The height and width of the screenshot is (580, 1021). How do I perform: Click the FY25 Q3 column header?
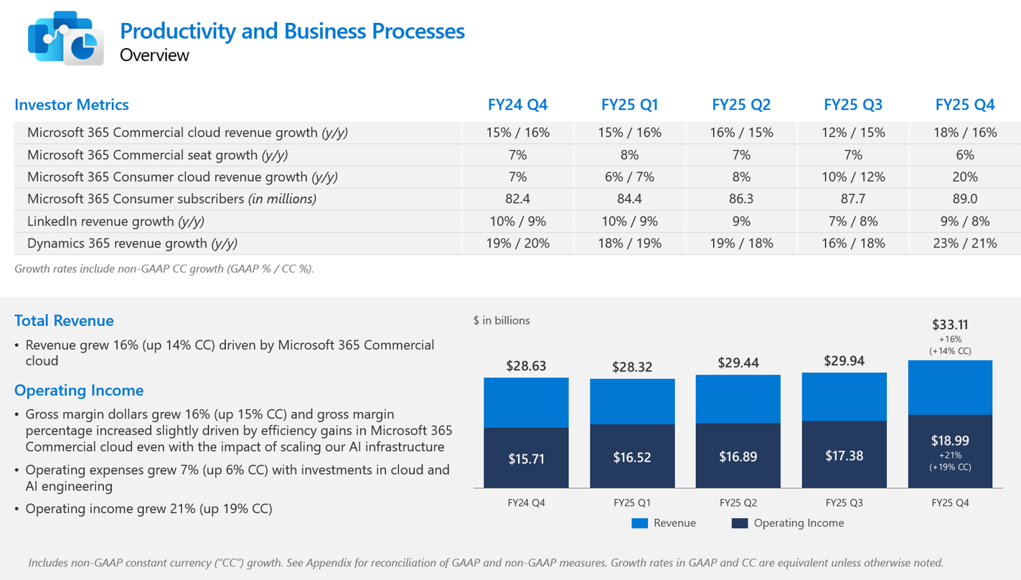[853, 105]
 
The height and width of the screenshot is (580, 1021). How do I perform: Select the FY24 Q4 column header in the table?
[517, 105]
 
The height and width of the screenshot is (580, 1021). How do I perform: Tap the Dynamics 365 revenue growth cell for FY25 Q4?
[965, 243]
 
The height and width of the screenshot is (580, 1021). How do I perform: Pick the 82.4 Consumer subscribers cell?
[517, 199]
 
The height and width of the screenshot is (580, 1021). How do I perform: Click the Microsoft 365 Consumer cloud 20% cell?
[965, 177]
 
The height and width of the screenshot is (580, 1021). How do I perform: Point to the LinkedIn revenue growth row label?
[100, 221]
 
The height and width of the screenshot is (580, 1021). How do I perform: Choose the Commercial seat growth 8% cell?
[629, 154]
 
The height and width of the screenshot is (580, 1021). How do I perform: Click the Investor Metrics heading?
[72, 105]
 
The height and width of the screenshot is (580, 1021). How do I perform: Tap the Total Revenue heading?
[64, 321]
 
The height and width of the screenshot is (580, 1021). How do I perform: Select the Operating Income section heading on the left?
[79, 390]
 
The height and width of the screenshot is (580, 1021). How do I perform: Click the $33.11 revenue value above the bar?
[950, 324]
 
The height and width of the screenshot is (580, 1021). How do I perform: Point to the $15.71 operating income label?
[526, 459]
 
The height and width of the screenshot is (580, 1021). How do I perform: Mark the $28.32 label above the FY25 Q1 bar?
[632, 367]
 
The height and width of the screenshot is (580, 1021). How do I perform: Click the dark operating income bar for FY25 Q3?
[844, 455]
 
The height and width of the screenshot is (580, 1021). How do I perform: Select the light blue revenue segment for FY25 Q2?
[738, 399]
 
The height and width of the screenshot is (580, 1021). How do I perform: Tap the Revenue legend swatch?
[639, 523]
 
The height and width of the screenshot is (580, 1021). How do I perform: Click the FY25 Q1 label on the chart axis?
[632, 503]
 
